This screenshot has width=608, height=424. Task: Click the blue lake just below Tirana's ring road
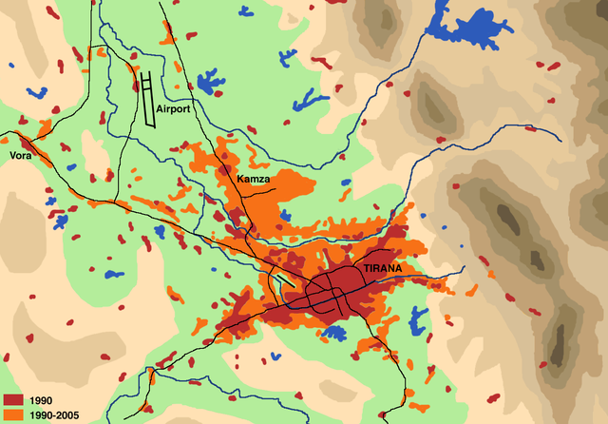click(x=333, y=332)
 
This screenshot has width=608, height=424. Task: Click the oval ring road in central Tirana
click(x=337, y=288)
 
